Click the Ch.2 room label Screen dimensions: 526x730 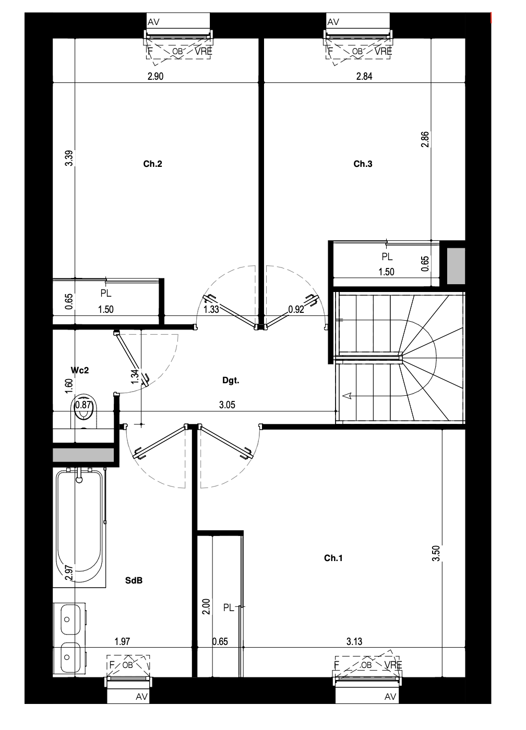(x=152, y=164)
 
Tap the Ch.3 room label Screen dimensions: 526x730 (x=363, y=164)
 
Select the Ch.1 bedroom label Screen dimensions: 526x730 (x=333, y=558)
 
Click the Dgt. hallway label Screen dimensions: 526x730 (x=231, y=380)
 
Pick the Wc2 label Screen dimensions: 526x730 (x=79, y=370)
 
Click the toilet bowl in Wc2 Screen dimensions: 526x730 (x=84, y=411)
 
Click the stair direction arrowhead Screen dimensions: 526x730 (x=346, y=396)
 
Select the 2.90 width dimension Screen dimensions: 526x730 (x=155, y=76)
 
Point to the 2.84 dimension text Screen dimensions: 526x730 (x=364, y=76)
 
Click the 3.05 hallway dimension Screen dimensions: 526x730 (x=227, y=405)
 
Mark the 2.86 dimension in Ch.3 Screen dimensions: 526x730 (x=425, y=140)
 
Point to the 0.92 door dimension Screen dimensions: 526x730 (x=296, y=309)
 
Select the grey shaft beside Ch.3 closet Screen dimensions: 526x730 (x=456, y=266)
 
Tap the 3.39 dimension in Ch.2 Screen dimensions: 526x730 (x=69, y=158)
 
